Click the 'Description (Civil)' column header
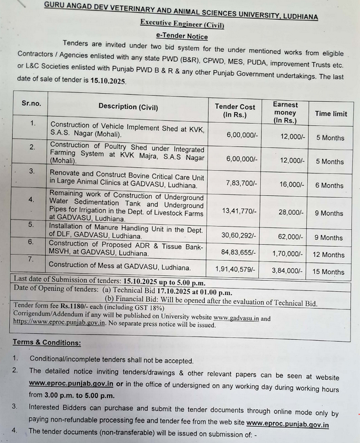pyautogui.click(x=128, y=107)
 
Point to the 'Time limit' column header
pyautogui.click(x=331, y=114)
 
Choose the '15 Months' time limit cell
pyautogui.click(x=329, y=272)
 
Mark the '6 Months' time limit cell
pyautogui.click(x=329, y=185)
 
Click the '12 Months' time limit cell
pyautogui.click(x=329, y=254)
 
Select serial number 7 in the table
pyautogui.click(x=31, y=258)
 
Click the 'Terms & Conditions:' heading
pyautogui.click(x=47, y=342)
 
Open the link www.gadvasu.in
pyautogui.click(x=236, y=318)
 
